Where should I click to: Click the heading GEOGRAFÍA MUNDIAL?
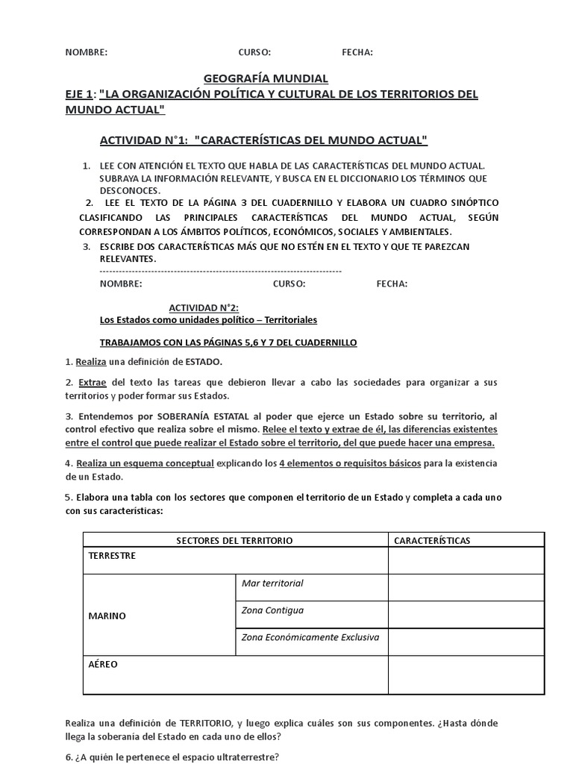[266, 78]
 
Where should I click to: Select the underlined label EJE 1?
[79, 94]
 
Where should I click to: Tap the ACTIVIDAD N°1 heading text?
[263, 140]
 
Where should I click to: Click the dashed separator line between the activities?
[220, 272]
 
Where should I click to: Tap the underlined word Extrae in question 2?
[92, 382]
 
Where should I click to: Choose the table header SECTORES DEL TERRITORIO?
[234, 540]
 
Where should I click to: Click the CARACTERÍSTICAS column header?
[432, 540]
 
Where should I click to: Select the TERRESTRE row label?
[113, 557]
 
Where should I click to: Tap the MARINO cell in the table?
[107, 616]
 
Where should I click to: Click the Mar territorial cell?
[273, 583]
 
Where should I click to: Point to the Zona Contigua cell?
[273, 610]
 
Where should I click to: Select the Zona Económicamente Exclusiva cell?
[310, 637]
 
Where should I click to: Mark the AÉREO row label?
[103, 664]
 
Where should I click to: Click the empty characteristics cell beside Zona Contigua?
[466, 616]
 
